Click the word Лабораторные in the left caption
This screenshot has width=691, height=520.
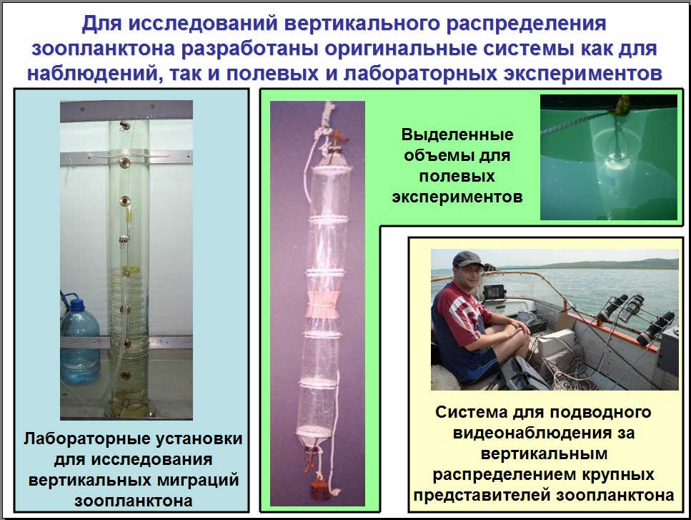tap(84, 439)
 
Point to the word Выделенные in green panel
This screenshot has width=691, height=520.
tap(457, 134)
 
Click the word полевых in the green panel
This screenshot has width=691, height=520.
tap(457, 177)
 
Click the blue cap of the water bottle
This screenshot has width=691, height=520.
tap(78, 304)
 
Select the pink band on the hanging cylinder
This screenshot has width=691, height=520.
tap(325, 304)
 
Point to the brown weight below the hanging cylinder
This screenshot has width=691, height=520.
tap(317, 490)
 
